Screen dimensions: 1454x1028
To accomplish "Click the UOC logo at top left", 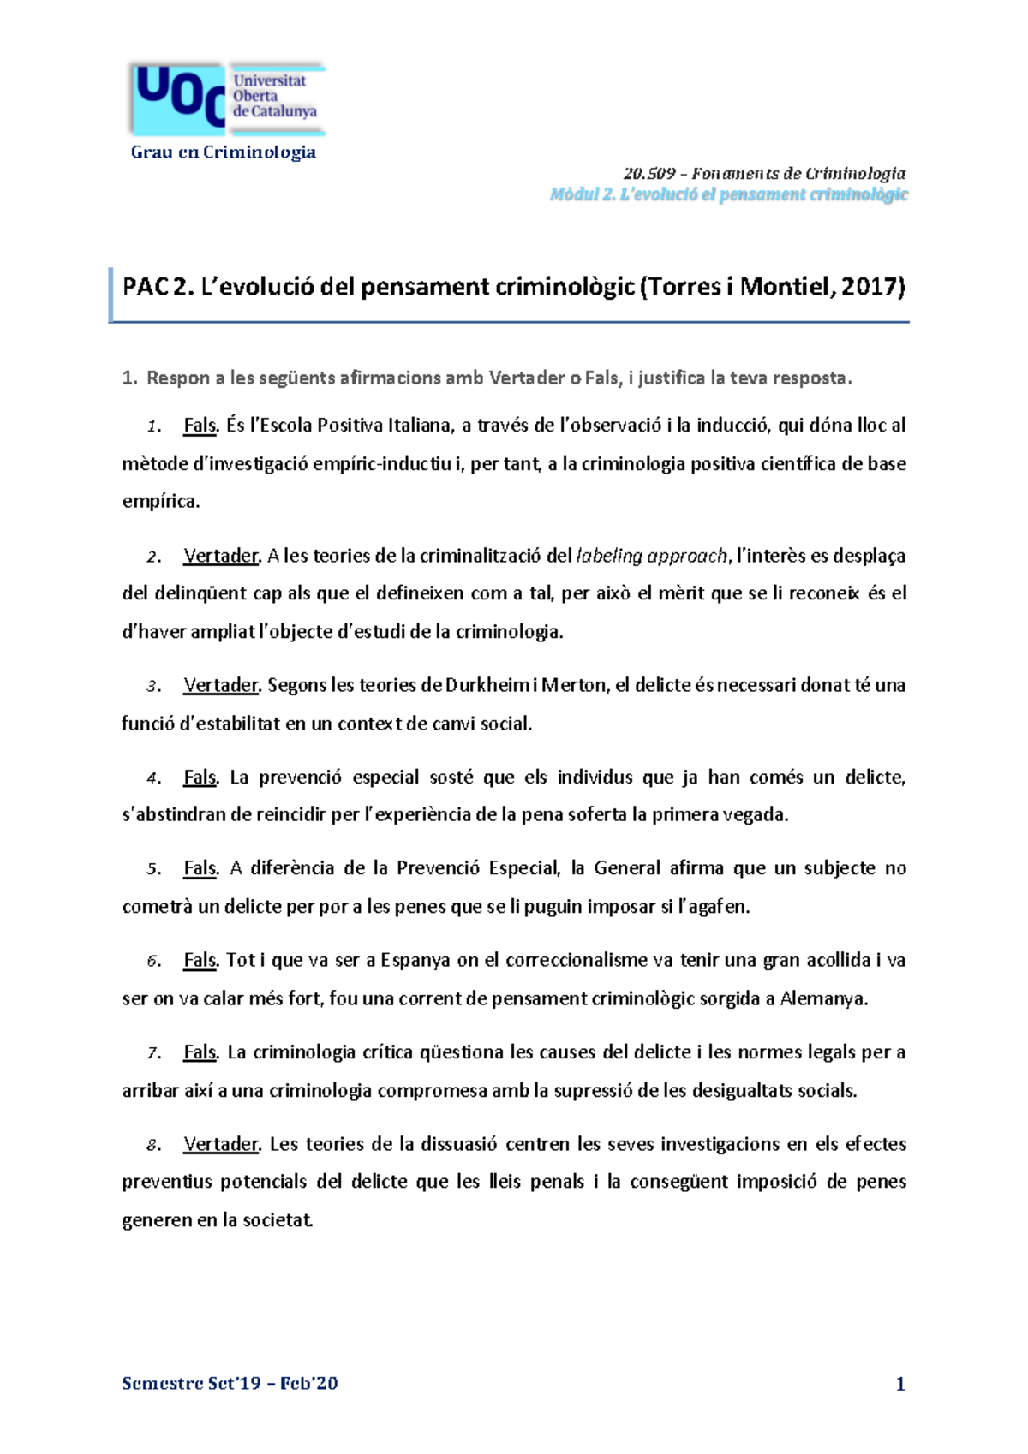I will coord(227,98).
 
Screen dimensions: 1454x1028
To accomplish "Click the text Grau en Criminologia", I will coord(223,152).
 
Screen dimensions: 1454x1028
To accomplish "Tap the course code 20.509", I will coord(649,174).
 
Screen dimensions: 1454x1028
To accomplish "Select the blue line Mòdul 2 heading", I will coord(728,194).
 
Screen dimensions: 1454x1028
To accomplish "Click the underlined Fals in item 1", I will coord(200,426).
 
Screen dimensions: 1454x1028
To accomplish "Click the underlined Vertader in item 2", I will coord(220,556).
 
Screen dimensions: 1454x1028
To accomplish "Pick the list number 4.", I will coord(153,778).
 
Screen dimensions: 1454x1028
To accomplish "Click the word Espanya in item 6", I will coord(415,960).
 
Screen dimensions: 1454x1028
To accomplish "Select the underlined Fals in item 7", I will coord(200,1052).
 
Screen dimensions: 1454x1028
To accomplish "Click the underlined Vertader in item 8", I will coord(220,1144).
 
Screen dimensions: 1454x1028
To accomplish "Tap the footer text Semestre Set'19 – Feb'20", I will coord(230,1383).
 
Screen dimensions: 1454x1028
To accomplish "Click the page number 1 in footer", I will coord(900,1384).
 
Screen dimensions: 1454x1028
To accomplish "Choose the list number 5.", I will coord(153,869).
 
